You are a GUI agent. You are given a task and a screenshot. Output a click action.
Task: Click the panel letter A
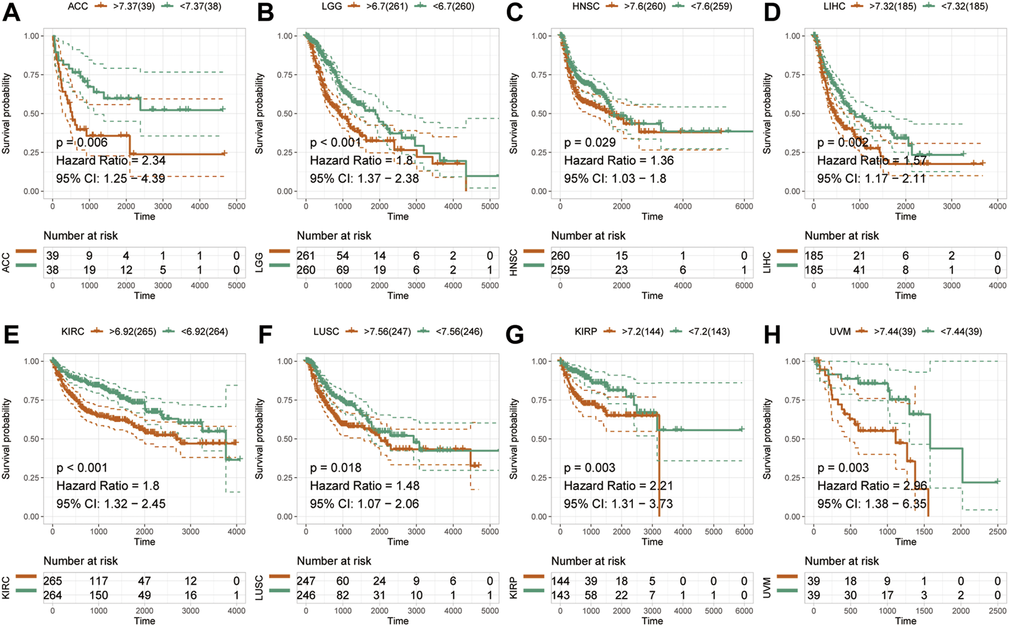tap(11, 13)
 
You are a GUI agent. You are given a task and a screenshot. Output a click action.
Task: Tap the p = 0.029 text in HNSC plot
tap(590, 142)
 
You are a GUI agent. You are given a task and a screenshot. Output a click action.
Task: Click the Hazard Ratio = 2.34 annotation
tap(111, 161)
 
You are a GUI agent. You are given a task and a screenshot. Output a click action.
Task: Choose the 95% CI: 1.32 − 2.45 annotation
tap(111, 504)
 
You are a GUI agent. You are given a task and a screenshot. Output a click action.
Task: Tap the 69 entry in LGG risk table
tap(343, 270)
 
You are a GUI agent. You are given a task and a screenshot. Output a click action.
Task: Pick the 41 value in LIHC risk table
tap(860, 270)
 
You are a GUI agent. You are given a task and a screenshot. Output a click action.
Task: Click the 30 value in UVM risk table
tap(851, 595)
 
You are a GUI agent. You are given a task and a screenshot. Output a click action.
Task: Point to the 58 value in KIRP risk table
tap(591, 595)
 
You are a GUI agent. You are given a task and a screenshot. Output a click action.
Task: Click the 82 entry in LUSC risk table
tap(343, 595)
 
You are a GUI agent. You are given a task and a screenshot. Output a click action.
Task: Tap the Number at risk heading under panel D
tap(842, 236)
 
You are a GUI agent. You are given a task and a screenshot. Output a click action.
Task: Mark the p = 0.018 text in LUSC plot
tap(336, 468)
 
